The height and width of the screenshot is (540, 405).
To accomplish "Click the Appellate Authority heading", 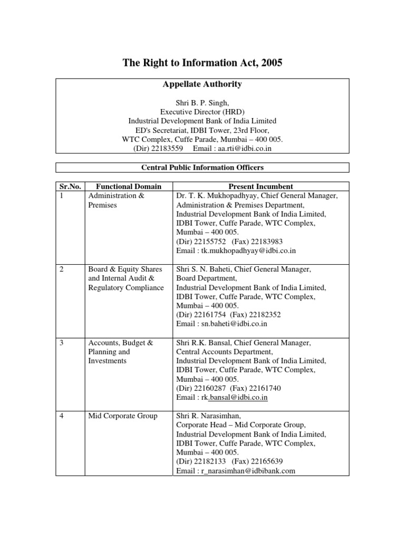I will click(x=202, y=84).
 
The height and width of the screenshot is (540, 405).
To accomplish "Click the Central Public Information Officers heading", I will click(x=202, y=168).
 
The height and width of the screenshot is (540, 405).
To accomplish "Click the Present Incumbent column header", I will click(x=261, y=187).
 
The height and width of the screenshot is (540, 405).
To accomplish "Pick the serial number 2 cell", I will click(x=62, y=269).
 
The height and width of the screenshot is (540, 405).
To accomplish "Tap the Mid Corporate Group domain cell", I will click(x=123, y=416).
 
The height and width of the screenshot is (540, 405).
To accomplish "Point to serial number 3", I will click(x=62, y=343).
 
